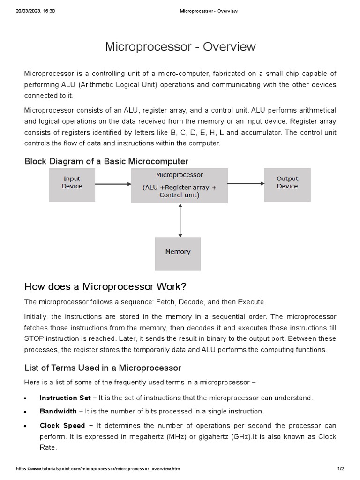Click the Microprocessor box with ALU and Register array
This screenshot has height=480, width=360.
(x=180, y=185)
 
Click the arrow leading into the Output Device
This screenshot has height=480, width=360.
(x=246, y=184)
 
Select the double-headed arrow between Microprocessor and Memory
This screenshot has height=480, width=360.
(x=180, y=220)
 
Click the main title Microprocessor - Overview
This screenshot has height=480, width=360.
(x=180, y=47)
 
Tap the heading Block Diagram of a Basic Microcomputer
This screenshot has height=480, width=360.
(x=106, y=161)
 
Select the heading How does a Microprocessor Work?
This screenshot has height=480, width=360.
(x=105, y=286)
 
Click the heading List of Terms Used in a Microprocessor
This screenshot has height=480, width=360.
(x=103, y=367)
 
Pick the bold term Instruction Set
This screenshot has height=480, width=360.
(x=65, y=398)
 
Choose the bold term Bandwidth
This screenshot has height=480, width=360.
(x=58, y=412)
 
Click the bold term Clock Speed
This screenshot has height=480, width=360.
(x=62, y=426)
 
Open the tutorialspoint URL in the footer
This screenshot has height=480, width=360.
(x=98, y=469)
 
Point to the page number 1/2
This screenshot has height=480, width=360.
(x=341, y=469)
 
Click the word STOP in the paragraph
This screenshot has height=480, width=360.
(x=34, y=338)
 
